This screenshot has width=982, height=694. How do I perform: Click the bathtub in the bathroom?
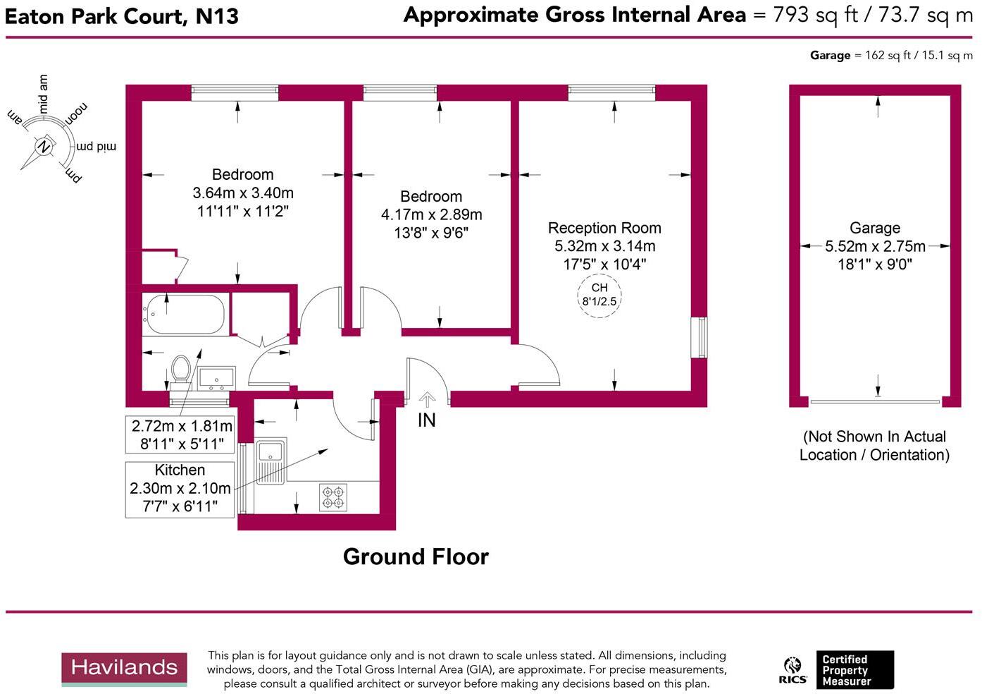point(185,314)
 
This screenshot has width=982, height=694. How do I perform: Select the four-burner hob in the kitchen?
point(333,497)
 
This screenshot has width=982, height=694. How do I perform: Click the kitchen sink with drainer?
point(271,461)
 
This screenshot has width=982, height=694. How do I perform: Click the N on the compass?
point(43,146)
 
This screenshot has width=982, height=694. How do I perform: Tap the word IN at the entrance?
point(427,420)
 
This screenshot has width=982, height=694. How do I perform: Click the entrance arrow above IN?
point(427,399)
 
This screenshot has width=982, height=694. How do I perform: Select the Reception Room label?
point(604,228)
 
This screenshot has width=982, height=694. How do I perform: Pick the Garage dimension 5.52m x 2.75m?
point(875,246)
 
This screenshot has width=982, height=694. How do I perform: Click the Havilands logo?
point(124,669)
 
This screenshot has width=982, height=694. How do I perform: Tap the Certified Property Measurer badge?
point(855,670)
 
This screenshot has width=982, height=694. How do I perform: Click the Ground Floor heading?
point(416,556)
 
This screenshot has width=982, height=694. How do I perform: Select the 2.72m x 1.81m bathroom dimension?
point(182,426)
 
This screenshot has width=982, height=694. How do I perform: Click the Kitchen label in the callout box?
point(180,470)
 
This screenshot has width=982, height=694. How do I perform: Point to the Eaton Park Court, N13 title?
point(121,17)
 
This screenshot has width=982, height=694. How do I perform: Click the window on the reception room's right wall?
point(700,338)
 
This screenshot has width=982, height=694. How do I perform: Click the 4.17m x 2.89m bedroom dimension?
point(431,214)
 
